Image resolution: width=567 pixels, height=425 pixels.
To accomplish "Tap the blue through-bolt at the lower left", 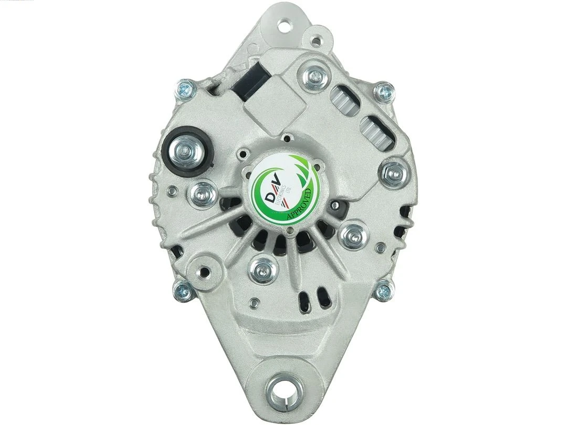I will (x=183, y=289).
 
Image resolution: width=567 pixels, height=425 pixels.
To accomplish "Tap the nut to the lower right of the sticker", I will (x=352, y=235).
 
